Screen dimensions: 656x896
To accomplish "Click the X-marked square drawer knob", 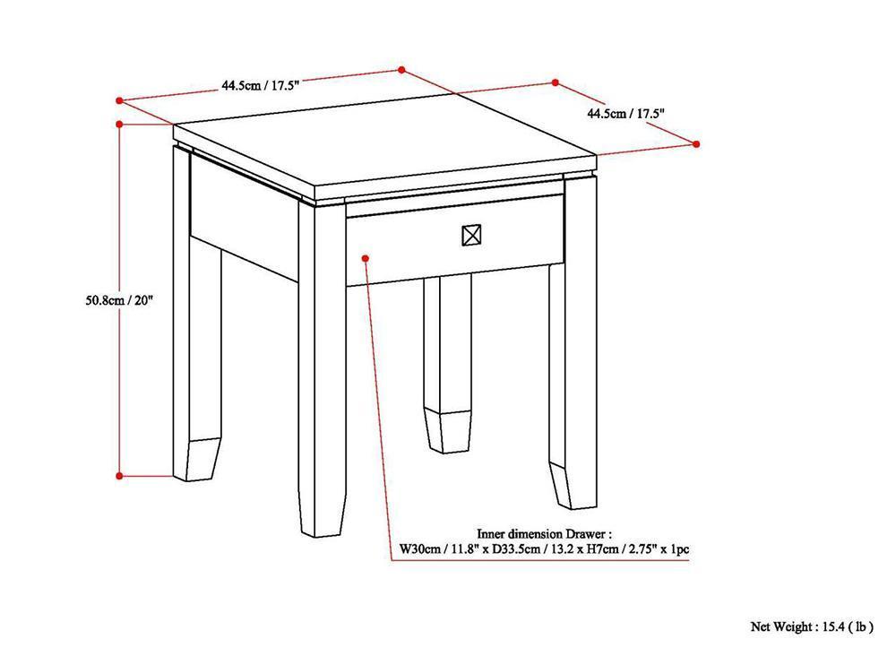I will pyautogui.click(x=471, y=236).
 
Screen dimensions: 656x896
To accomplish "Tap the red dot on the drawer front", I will pyautogui.click(x=366, y=258).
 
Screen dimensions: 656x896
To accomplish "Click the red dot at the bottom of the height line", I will pyautogui.click(x=119, y=476).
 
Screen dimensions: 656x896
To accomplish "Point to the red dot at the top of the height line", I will pyautogui.click(x=119, y=123).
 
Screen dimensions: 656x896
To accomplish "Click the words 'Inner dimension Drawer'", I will pyautogui.click(x=544, y=532).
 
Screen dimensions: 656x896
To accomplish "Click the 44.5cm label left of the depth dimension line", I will pyautogui.click(x=260, y=85).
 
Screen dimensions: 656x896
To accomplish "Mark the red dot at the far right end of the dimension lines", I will pyautogui.click(x=696, y=143).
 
